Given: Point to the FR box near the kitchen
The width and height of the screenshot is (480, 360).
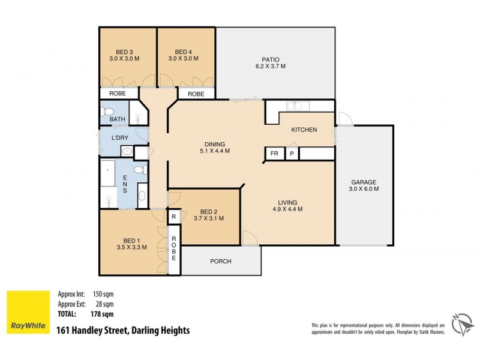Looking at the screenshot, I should [274, 154].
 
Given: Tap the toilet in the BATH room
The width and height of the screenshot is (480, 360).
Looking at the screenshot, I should [106, 111].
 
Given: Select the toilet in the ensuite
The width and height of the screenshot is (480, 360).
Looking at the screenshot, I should [140, 170].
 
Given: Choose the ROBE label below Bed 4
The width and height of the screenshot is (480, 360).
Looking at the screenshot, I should [196, 94].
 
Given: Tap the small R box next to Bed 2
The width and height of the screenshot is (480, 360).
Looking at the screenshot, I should [173, 217].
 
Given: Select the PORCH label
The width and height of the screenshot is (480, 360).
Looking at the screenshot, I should [220, 261].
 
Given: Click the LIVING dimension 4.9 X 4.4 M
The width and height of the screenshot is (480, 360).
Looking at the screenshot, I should [287, 210].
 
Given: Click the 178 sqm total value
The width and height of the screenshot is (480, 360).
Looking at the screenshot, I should [103, 314].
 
